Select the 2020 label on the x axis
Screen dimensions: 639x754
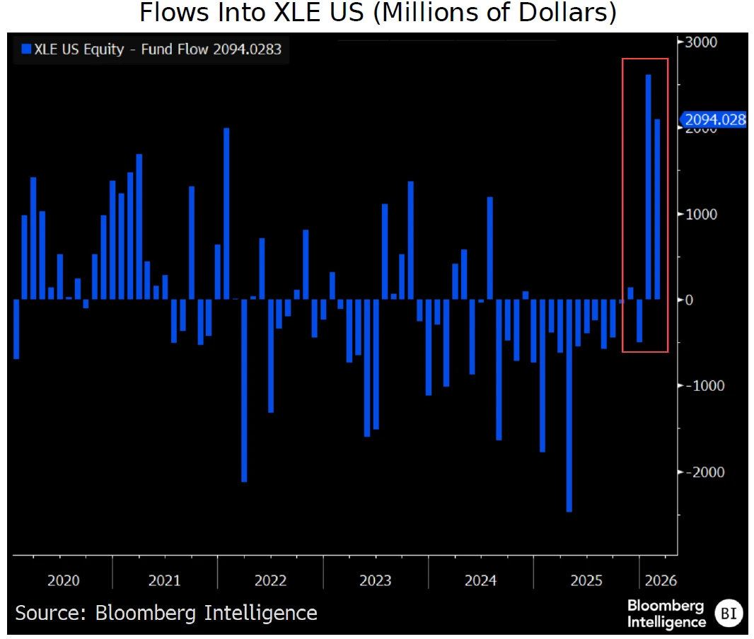(64, 581)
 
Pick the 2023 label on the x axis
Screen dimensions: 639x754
(375, 581)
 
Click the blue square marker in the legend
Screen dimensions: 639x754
(27, 49)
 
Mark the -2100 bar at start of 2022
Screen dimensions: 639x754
(245, 390)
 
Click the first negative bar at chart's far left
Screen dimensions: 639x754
(16, 329)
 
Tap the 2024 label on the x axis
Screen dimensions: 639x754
(481, 581)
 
